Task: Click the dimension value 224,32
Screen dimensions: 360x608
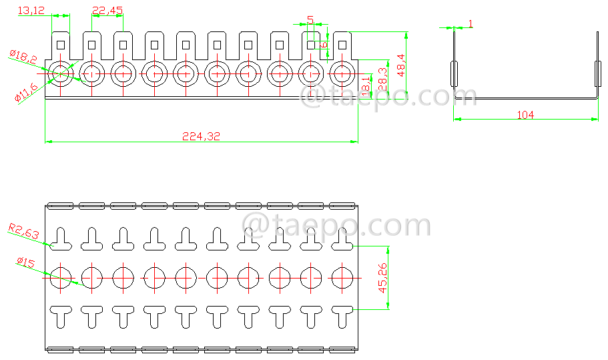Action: point(201,136)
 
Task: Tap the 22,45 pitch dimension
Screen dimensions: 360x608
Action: point(107,10)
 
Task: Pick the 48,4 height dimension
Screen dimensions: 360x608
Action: point(400,65)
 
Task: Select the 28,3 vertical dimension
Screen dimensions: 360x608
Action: point(383,75)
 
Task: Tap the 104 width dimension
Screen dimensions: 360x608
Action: point(525,115)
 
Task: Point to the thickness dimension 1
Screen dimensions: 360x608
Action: point(471,24)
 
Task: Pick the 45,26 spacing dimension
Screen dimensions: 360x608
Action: point(382,277)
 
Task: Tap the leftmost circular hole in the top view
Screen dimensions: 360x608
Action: point(60,73)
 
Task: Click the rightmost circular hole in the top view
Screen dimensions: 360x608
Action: point(342,73)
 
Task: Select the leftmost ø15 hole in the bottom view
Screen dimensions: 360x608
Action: point(60,277)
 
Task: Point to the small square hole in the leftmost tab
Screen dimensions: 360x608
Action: point(60,45)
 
